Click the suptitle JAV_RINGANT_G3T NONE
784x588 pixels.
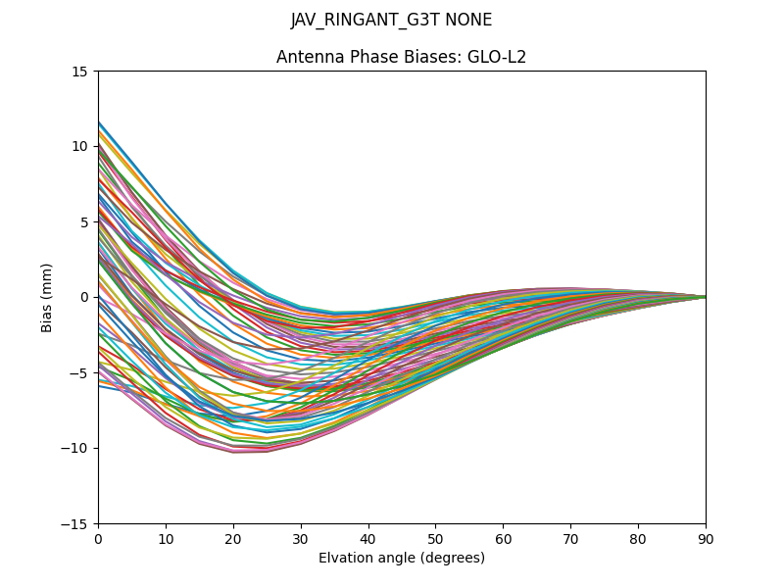coord(392,21)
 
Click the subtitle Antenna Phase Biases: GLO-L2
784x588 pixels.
coord(401,57)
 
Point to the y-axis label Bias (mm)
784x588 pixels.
coord(47,297)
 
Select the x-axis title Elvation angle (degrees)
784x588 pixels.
coord(401,559)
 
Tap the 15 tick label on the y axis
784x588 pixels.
coord(79,72)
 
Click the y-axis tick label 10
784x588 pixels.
coord(79,147)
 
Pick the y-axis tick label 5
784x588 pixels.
coord(83,222)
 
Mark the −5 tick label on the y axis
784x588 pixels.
coord(79,373)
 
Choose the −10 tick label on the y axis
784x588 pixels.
coord(75,449)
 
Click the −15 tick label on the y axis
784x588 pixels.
coord(75,524)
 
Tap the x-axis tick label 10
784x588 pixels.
coord(166,539)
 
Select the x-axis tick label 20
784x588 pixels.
coord(233,539)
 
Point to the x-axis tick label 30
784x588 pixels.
coord(301,539)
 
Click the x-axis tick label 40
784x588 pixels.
coord(368,539)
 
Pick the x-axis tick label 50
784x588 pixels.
coord(435,539)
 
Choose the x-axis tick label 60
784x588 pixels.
coord(503,539)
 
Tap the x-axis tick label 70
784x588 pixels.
coord(570,539)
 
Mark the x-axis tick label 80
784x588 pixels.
coord(638,539)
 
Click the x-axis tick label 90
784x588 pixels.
coord(706,539)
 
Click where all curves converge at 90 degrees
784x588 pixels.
coord(705,297)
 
